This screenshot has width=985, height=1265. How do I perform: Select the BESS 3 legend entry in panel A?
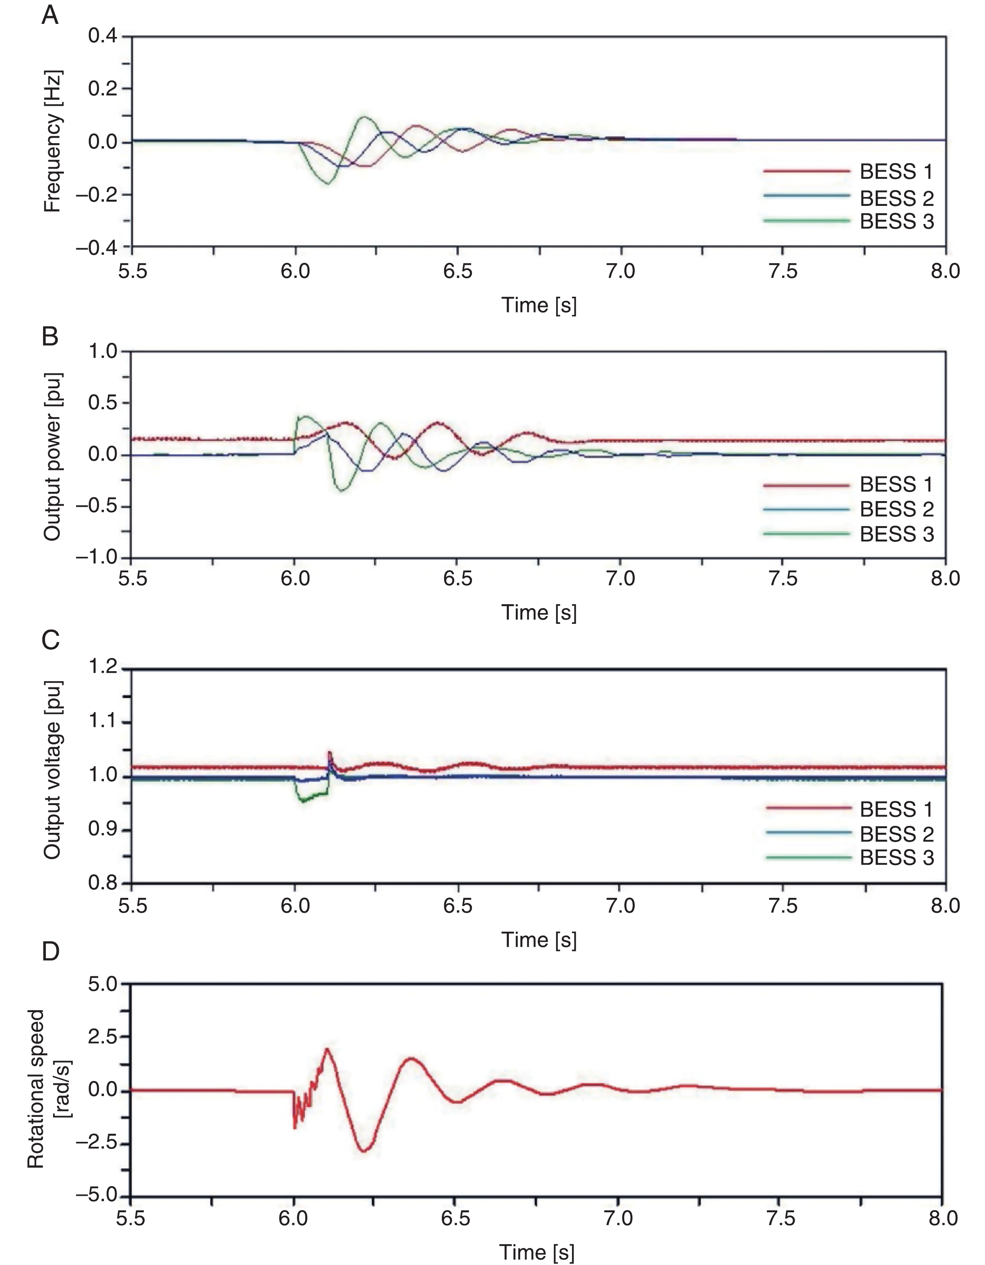[x=848, y=221]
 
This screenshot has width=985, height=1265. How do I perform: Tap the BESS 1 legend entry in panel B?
[x=848, y=484]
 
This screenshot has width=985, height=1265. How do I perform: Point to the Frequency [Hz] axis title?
[x=53, y=141]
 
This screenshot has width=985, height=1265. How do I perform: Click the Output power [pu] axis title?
[x=53, y=456]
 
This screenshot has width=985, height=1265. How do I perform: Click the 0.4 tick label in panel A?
[x=102, y=36]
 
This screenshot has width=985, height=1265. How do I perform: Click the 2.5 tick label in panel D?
[x=102, y=1036]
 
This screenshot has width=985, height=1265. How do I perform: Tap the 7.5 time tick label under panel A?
[x=783, y=272]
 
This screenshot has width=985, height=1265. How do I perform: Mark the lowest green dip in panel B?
[x=343, y=491]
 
